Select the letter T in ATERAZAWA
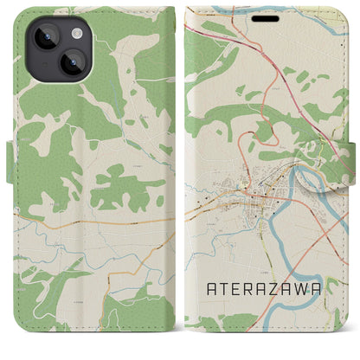[x=228, y=292]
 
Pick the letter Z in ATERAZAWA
[x=281, y=292]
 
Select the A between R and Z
[x=270, y=292]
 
